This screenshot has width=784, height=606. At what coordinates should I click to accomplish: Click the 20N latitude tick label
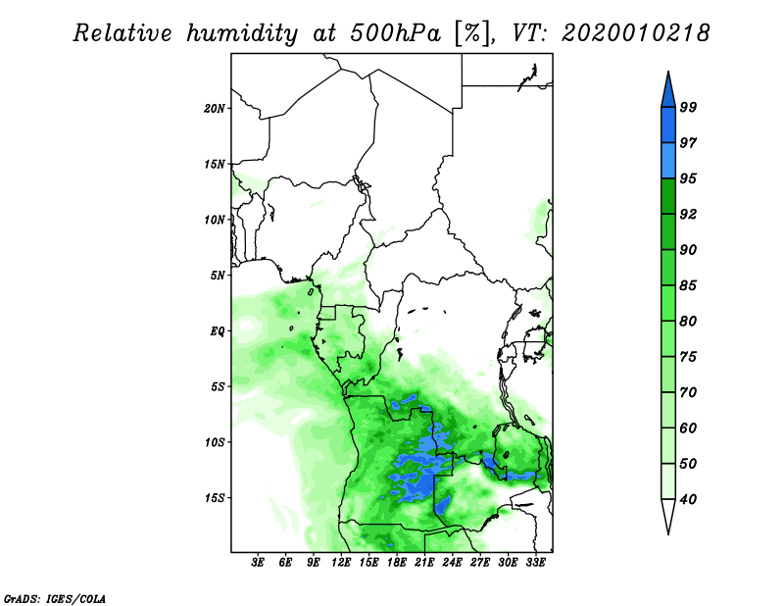(x=215, y=109)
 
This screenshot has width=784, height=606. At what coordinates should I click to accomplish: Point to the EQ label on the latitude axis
(x=218, y=331)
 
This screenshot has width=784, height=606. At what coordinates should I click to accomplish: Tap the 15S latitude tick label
(x=215, y=498)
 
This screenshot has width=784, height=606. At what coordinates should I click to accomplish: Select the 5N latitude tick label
(x=218, y=276)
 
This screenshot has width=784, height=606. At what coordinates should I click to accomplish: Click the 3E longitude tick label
(x=258, y=563)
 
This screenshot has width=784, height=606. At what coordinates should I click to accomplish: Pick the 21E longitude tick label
(x=424, y=563)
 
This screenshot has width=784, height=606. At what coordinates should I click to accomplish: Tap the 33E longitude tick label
(x=535, y=563)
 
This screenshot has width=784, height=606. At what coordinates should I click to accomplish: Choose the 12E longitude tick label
(x=340, y=563)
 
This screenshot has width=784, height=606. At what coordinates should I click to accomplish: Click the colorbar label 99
(x=688, y=107)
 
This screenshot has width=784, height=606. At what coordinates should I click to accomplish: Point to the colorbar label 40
(x=688, y=499)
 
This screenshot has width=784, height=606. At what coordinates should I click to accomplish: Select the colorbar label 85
(x=688, y=285)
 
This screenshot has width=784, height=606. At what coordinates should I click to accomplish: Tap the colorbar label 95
(x=688, y=178)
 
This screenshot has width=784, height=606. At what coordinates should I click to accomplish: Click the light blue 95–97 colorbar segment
(x=668, y=161)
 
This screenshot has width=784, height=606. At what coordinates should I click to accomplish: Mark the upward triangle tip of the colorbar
(x=668, y=72)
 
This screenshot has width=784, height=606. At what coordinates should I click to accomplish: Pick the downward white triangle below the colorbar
(x=668, y=517)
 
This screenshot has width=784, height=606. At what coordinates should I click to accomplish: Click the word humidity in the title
(x=242, y=34)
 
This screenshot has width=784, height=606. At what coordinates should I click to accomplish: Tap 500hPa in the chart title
(x=396, y=33)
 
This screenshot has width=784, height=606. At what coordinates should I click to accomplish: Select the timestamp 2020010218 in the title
(x=635, y=33)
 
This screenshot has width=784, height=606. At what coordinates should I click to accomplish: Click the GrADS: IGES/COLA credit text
(x=55, y=598)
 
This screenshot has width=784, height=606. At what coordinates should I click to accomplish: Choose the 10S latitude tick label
(x=215, y=442)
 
